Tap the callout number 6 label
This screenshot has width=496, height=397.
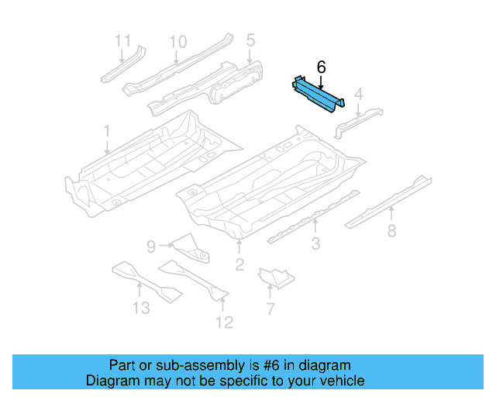click(320, 68)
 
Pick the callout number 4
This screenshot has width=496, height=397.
click(358, 95)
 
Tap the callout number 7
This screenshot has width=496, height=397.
click(270, 309)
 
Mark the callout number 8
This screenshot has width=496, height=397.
click(391, 230)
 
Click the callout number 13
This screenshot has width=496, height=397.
click(140, 308)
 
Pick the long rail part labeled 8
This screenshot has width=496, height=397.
click(387, 201)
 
